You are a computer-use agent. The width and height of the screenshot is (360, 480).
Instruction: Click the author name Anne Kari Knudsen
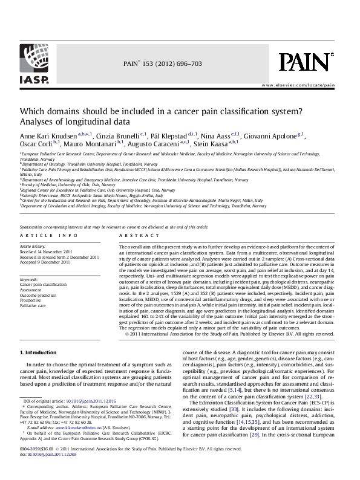coord(42,137)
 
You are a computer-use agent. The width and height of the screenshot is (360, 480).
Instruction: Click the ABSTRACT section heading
coord(134,235)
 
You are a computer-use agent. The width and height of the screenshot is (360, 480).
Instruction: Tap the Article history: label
coord(34,247)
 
